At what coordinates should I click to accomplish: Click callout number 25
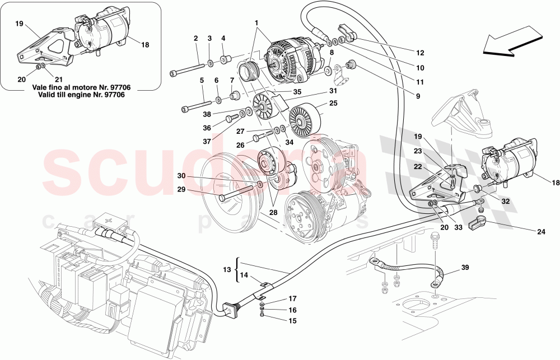pos(333,103)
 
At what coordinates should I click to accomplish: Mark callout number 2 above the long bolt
pos(196,39)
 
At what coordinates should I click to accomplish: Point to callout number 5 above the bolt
pos(200,80)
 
